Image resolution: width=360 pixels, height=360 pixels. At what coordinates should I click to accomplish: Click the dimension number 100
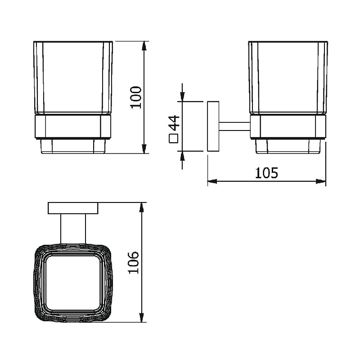point(136,97)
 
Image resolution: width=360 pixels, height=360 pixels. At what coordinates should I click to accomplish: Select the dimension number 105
point(266,173)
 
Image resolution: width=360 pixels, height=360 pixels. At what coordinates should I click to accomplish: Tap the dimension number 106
point(134,262)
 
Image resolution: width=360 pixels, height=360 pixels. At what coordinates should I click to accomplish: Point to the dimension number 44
point(174,123)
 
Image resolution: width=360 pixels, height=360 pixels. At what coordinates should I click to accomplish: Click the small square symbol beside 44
point(174,139)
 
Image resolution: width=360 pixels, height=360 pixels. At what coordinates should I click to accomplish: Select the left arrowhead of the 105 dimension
point(212,182)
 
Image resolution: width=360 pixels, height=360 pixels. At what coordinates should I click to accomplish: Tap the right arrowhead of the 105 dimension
point(321,182)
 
